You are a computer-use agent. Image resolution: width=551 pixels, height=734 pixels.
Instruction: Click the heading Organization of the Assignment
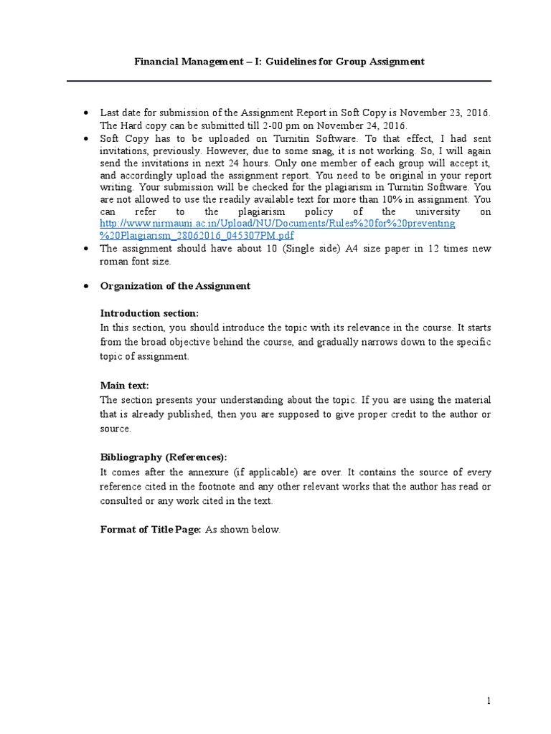175,285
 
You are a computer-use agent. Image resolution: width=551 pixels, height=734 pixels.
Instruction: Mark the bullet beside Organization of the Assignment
86,285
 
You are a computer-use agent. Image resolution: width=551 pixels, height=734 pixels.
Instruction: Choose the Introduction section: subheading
149,313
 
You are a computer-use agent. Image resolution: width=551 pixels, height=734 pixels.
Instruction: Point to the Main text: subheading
124,386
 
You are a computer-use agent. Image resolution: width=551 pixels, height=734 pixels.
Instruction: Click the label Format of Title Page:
151,530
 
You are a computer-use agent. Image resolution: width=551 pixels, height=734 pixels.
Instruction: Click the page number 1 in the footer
488,700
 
